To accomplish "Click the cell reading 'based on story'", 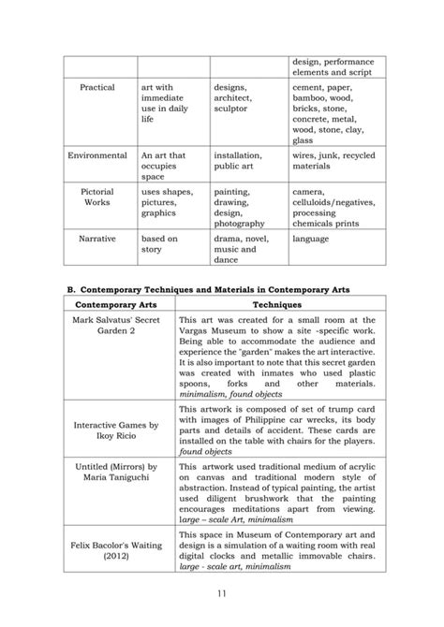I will [x=158, y=244].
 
